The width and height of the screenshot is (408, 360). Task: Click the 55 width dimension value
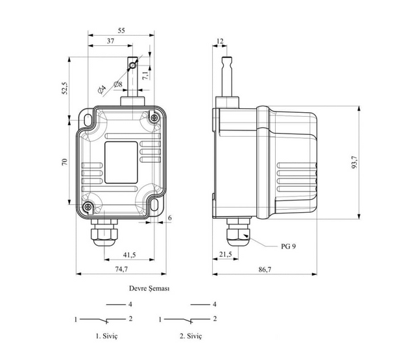[x=121, y=30]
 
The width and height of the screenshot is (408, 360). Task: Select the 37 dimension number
[x=110, y=41]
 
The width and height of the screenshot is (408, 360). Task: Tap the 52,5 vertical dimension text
[x=65, y=88]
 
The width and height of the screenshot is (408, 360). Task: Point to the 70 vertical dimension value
[x=64, y=162]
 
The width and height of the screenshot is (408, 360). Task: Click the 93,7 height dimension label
[x=355, y=162]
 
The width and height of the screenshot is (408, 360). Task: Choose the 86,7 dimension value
[x=265, y=269]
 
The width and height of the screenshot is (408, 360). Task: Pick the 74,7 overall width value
[x=121, y=269]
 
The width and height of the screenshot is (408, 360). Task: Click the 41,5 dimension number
[x=129, y=255]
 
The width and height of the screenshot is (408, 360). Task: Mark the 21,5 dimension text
[x=225, y=254]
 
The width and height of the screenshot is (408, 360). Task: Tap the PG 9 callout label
[x=288, y=246]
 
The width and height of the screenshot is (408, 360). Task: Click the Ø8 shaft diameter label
[x=118, y=84]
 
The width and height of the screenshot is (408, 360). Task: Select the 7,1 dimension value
[x=145, y=75]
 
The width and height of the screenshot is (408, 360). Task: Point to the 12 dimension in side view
[x=220, y=41]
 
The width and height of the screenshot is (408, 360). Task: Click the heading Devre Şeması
[x=149, y=289]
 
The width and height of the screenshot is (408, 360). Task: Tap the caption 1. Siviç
[x=106, y=336]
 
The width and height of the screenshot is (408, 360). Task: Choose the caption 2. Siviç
[x=191, y=336]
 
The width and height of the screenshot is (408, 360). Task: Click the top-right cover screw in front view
[x=154, y=117]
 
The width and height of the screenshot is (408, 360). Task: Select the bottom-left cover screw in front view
[x=88, y=207]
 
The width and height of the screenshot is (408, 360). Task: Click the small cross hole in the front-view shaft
[x=133, y=66]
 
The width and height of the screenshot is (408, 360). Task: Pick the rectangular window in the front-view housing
[x=121, y=163]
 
